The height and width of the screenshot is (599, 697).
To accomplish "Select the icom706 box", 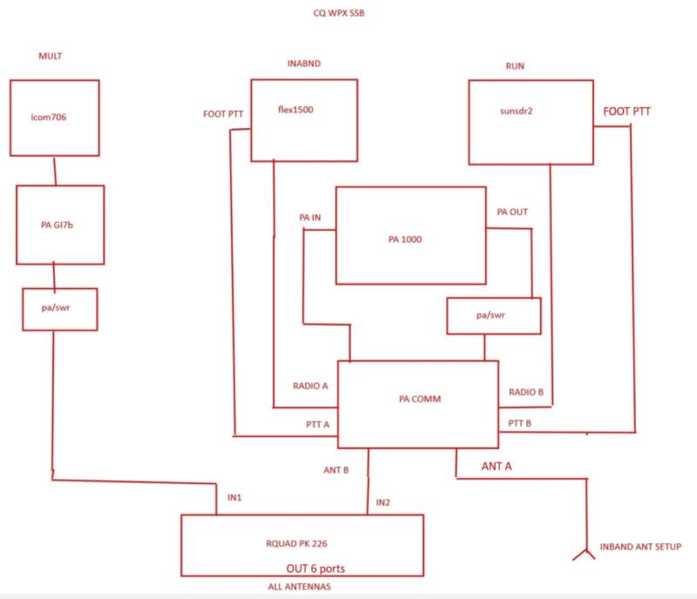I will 55,118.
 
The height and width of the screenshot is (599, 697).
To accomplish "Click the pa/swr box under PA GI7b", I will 59,309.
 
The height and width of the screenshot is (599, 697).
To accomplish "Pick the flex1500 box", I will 304,120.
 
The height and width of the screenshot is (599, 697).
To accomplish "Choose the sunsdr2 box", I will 531,121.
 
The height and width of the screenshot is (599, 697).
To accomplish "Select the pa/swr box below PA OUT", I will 493,316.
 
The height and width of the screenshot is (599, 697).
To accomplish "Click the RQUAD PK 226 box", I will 301,544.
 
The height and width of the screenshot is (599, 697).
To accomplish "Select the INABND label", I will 303,65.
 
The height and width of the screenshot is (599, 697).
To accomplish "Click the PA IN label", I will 309,218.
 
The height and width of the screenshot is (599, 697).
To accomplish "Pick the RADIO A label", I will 310,385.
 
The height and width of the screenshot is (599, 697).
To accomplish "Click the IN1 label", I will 233,497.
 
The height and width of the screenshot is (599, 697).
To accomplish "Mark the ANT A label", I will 497,467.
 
